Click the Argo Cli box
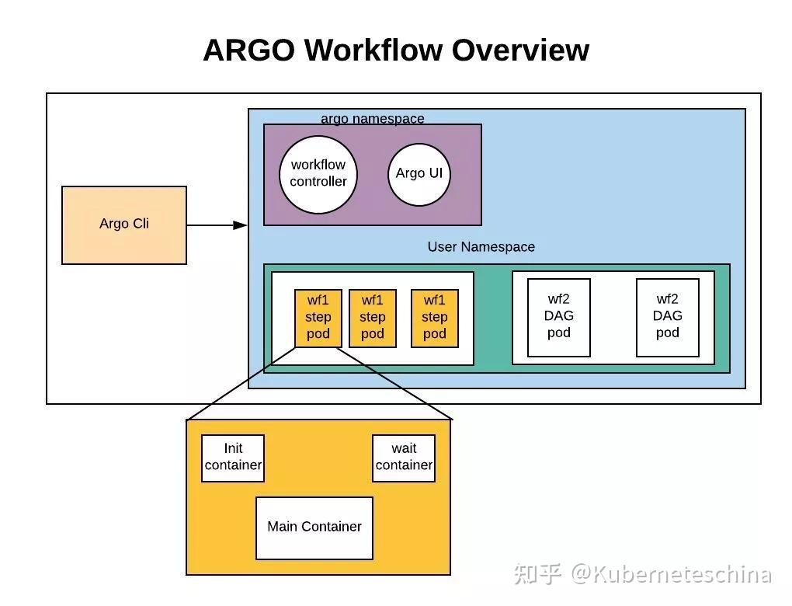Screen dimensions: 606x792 (x=124, y=225)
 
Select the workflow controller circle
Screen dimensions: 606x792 (x=318, y=174)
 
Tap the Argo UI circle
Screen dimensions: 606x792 (x=419, y=174)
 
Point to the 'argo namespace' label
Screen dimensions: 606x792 (x=373, y=119)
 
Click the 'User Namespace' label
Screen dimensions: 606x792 (x=481, y=247)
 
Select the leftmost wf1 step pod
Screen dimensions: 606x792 (x=318, y=318)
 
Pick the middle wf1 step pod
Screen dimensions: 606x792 (x=373, y=318)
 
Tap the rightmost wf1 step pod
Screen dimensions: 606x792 (x=435, y=318)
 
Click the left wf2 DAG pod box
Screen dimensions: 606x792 (x=559, y=317)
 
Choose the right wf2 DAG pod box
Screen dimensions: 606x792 (x=668, y=317)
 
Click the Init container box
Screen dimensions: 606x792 (x=233, y=458)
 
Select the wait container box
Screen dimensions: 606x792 (x=404, y=458)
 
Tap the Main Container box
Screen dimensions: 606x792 (x=314, y=528)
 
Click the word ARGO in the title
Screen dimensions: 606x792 (x=248, y=50)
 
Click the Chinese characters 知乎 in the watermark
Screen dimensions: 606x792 (x=537, y=575)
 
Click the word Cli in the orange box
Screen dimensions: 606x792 (x=139, y=224)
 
